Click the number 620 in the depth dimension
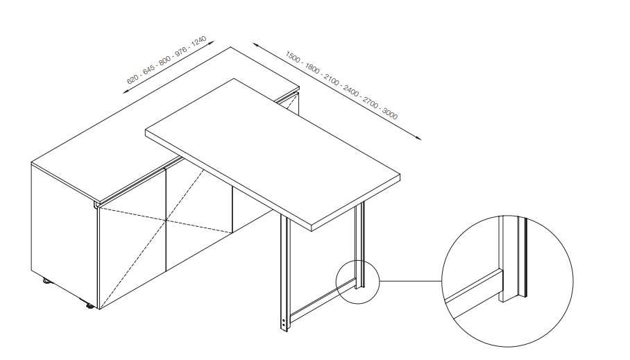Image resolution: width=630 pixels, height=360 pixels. point(133,78)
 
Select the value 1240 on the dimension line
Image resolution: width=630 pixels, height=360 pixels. point(198,41)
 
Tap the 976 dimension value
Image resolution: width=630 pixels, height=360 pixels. point(181,51)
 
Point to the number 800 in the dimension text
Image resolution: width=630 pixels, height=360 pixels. point(164,60)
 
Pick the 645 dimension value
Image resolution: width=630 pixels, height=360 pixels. point(148,69)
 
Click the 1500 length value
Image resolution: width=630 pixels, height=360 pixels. point(293,57)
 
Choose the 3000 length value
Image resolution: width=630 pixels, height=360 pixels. point(390,114)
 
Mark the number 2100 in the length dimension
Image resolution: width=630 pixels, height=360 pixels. point(332,80)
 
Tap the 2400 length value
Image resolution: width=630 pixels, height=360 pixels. point(351,91)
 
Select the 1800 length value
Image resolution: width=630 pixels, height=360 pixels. point(312,68)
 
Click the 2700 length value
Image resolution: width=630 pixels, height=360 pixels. point(371,103)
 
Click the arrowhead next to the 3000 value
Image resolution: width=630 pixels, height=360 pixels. point(418,138)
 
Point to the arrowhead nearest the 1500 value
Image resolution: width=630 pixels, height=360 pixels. point(256,44)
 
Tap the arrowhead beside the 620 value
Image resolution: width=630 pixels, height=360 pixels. point(126,92)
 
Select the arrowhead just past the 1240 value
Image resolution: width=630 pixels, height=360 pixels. point(211,42)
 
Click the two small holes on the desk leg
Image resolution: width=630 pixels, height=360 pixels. point(284,323)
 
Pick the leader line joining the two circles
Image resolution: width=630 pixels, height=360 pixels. point(411,281)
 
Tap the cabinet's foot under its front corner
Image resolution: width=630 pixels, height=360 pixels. point(90,307)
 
